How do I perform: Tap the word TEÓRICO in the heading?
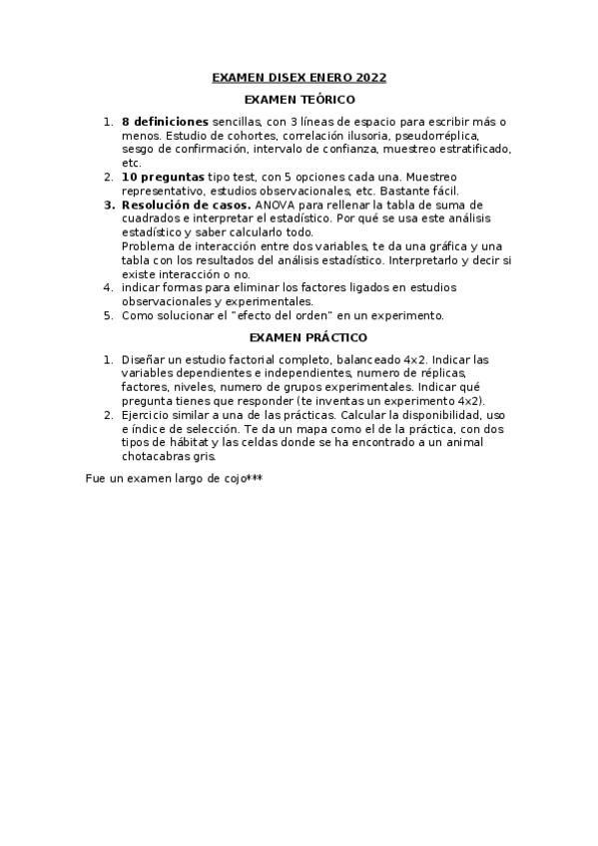pyautogui.click(x=325, y=100)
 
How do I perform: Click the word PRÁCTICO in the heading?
pyautogui.click(x=327, y=337)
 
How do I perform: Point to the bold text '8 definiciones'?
pyautogui.click(x=165, y=121)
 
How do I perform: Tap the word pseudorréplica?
pyautogui.click(x=438, y=135)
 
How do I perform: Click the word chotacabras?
pyautogui.click(x=155, y=456)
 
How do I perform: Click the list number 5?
pyautogui.click(x=108, y=315)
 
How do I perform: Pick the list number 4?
pyautogui.click(x=108, y=287)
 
